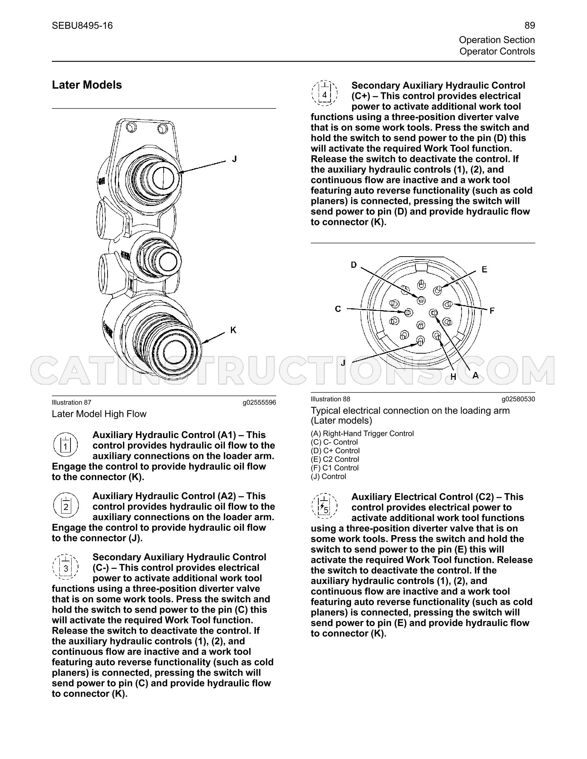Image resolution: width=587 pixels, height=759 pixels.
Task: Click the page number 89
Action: pyautogui.click(x=529, y=26)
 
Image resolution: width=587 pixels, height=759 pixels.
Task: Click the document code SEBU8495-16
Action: pyautogui.click(x=82, y=26)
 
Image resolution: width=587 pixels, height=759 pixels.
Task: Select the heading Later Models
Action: pyautogui.click(x=87, y=85)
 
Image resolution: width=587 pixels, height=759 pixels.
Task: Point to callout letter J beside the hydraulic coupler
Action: pyautogui.click(x=234, y=159)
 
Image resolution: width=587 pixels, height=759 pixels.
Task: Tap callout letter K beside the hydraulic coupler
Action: pyautogui.click(x=233, y=330)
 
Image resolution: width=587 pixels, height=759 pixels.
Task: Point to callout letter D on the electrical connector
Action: pyautogui.click(x=354, y=265)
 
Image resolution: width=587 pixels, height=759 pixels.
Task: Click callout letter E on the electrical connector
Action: pyautogui.click(x=484, y=269)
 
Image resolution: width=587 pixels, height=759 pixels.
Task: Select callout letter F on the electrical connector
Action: pyautogui.click(x=492, y=310)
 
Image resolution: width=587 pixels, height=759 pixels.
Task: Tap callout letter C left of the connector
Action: pyautogui.click(x=338, y=309)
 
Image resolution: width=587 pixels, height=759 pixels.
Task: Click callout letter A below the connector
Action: pyautogui.click(x=475, y=376)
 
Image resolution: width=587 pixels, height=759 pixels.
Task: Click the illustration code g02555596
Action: pyautogui.click(x=259, y=402)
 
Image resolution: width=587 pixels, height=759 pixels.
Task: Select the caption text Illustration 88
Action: pyautogui.click(x=330, y=399)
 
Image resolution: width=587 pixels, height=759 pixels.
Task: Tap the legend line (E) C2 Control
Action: pyautogui.click(x=335, y=459)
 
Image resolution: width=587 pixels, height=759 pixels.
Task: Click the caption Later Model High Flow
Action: pyautogui.click(x=99, y=414)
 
